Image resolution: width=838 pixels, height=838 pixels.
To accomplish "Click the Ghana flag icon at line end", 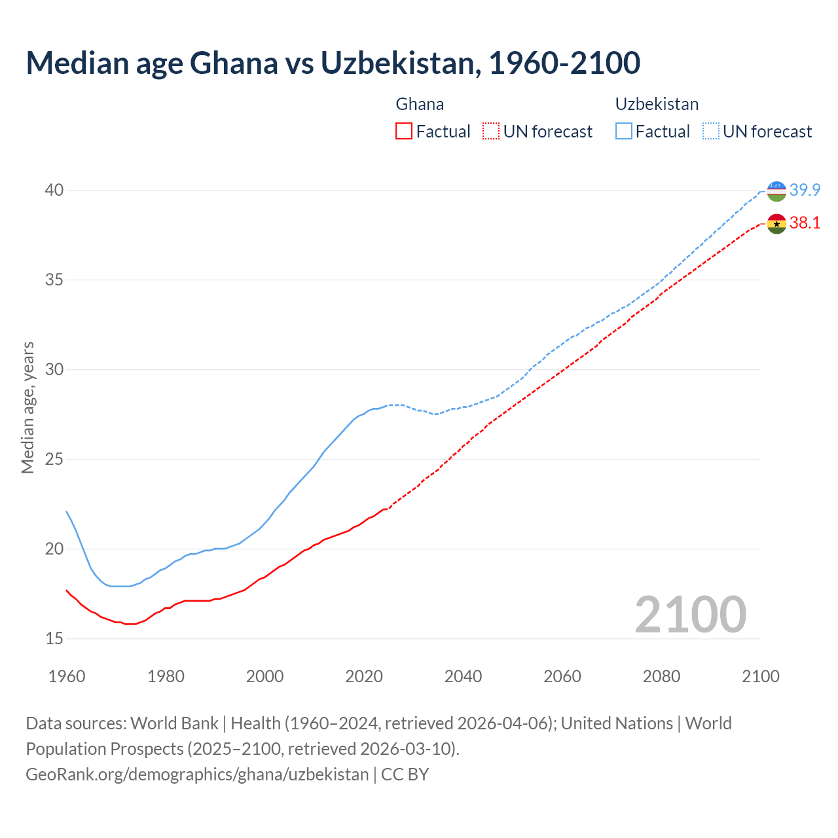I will tap(776, 223).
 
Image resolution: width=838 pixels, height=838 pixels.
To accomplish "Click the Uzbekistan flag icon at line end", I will tap(776, 191).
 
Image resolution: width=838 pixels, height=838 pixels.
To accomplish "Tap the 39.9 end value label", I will tap(805, 191).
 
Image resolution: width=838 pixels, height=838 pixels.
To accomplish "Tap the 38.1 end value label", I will tap(805, 223).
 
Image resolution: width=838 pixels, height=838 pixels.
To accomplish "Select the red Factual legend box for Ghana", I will tap(404, 132).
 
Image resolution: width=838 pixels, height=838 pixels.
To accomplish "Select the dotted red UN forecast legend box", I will tap(491, 132).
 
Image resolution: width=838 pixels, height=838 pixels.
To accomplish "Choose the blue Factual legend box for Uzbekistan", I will tap(624, 132).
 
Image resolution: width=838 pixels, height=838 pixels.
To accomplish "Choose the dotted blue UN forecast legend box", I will tap(710, 132).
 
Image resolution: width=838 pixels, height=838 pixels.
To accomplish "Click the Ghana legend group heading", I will tap(420, 104).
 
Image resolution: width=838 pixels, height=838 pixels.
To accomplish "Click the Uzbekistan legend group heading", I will tap(657, 104).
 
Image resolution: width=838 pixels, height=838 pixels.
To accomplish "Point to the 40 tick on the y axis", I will tap(54, 191).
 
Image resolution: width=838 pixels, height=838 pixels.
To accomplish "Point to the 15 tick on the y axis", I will tap(54, 638).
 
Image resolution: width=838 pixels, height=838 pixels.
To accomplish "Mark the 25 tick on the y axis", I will tap(54, 460).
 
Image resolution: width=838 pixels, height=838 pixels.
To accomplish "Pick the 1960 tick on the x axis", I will tap(67, 676).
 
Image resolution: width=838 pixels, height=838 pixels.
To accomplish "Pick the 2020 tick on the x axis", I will tap(364, 676).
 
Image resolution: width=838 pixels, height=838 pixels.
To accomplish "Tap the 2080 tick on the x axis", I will tap(661, 676).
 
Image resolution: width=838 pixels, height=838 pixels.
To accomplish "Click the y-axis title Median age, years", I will tap(27, 407).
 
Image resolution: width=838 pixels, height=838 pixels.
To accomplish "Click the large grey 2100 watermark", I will tap(690, 615).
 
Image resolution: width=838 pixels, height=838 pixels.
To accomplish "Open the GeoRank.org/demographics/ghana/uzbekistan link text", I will tap(197, 774).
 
